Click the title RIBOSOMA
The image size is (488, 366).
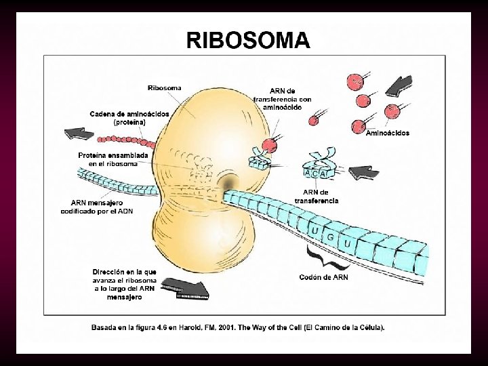point(248,41)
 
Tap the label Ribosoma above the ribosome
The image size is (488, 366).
point(165,88)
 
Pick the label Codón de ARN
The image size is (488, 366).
point(324,277)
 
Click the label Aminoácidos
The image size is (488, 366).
point(387,134)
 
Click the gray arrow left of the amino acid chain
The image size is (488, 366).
point(80,133)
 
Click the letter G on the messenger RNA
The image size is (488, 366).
point(331,238)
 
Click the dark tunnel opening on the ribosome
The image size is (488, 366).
point(228,185)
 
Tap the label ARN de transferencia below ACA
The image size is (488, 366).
point(317,196)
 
